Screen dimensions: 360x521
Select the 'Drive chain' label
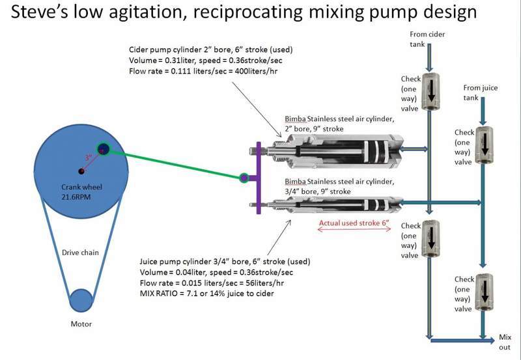[x=81, y=252]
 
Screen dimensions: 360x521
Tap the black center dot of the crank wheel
[x=81, y=171]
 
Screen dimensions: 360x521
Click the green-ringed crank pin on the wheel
[x=104, y=149]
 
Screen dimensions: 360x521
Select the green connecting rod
[x=173, y=163]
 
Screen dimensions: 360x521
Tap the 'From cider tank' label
[x=426, y=38]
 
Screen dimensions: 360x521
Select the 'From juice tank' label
[x=481, y=91]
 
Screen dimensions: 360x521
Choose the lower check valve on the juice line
[x=482, y=292]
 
